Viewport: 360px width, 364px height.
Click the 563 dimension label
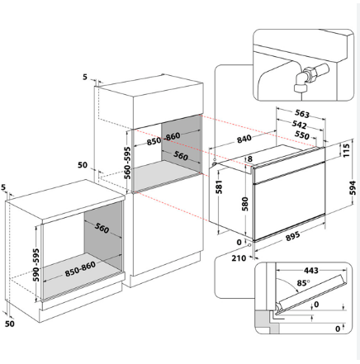coord(302,113)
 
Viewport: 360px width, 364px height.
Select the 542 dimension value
coord(299,125)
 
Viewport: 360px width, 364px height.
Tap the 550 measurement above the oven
coord(302,135)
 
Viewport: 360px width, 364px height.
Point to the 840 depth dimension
coord(244,139)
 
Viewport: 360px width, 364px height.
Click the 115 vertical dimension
coord(346,150)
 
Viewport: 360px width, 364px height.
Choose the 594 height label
coord(353,187)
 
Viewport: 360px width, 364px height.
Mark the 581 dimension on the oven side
coord(219,187)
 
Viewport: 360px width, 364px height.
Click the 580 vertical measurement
coord(244,204)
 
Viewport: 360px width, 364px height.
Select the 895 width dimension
coord(292,236)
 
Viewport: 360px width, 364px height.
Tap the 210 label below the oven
coord(239,258)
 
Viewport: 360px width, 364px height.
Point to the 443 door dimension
coord(310,271)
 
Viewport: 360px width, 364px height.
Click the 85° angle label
coord(303,282)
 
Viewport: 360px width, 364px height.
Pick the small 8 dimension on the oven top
coord(250,158)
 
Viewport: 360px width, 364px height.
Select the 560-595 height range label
coord(127,163)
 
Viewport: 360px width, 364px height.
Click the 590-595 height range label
coord(36,265)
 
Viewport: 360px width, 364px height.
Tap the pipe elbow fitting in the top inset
coord(301,80)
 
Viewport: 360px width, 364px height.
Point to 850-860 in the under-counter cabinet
coord(80,269)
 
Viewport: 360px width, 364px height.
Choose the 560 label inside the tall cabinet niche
coord(181,155)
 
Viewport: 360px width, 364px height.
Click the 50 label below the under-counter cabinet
coord(10,324)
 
